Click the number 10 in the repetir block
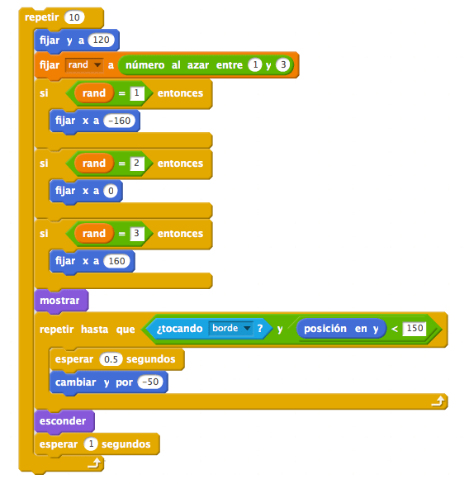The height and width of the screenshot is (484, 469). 74,17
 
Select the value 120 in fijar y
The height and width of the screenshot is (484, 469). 102,40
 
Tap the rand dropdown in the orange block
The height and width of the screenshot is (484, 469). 84,64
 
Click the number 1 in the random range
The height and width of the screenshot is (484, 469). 255,64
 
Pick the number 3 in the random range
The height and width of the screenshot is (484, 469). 283,64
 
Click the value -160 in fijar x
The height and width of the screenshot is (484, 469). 120,121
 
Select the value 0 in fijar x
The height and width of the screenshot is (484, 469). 111,191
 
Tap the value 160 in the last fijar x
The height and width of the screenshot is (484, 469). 117,261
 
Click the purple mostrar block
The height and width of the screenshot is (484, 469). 61,301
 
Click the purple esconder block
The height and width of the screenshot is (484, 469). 64,420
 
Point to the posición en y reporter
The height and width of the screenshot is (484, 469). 341,329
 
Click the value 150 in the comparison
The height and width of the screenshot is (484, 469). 415,328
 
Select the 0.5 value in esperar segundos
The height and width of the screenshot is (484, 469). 111,359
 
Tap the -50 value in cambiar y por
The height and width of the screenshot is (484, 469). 150,382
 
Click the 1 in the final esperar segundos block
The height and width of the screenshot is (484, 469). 91,444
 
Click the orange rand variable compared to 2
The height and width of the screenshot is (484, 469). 94,163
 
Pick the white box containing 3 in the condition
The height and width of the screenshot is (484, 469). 137,234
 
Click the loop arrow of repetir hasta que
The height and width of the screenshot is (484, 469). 438,401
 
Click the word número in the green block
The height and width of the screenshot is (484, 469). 145,65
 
